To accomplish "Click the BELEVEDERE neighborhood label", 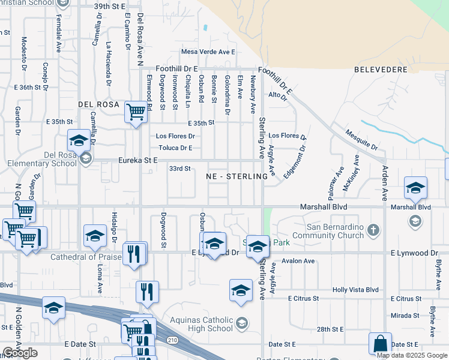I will [381, 70].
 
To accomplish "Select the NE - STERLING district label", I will [237, 176].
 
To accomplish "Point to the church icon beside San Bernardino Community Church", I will [373, 229].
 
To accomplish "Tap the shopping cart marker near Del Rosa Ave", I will [136, 112].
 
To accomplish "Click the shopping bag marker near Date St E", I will [380, 344].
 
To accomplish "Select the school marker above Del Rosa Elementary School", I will [79, 141].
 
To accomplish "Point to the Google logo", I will [20, 353].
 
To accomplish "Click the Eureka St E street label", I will [137, 160].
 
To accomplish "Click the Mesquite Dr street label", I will [362, 139].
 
